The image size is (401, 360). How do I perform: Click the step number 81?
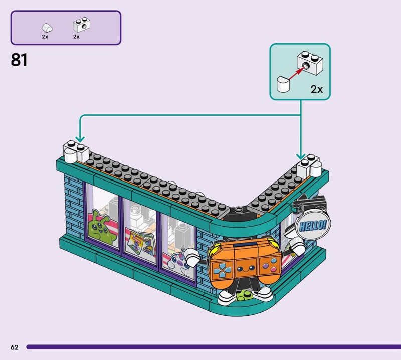(19, 60)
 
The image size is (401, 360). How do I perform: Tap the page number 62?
(15, 347)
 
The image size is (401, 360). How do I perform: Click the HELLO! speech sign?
(313, 226)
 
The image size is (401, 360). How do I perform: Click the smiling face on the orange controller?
(244, 269)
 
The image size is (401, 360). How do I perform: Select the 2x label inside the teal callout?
(317, 89)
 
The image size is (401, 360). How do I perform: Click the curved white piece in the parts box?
(47, 28)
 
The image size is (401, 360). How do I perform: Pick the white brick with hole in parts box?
(82, 25)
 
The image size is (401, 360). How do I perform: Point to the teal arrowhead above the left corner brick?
(80, 139)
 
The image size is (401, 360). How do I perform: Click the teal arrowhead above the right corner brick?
(301, 156)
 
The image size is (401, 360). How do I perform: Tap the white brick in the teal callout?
(310, 63)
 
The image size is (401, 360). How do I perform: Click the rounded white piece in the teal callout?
(284, 84)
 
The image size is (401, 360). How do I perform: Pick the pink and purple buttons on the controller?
(272, 264)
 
